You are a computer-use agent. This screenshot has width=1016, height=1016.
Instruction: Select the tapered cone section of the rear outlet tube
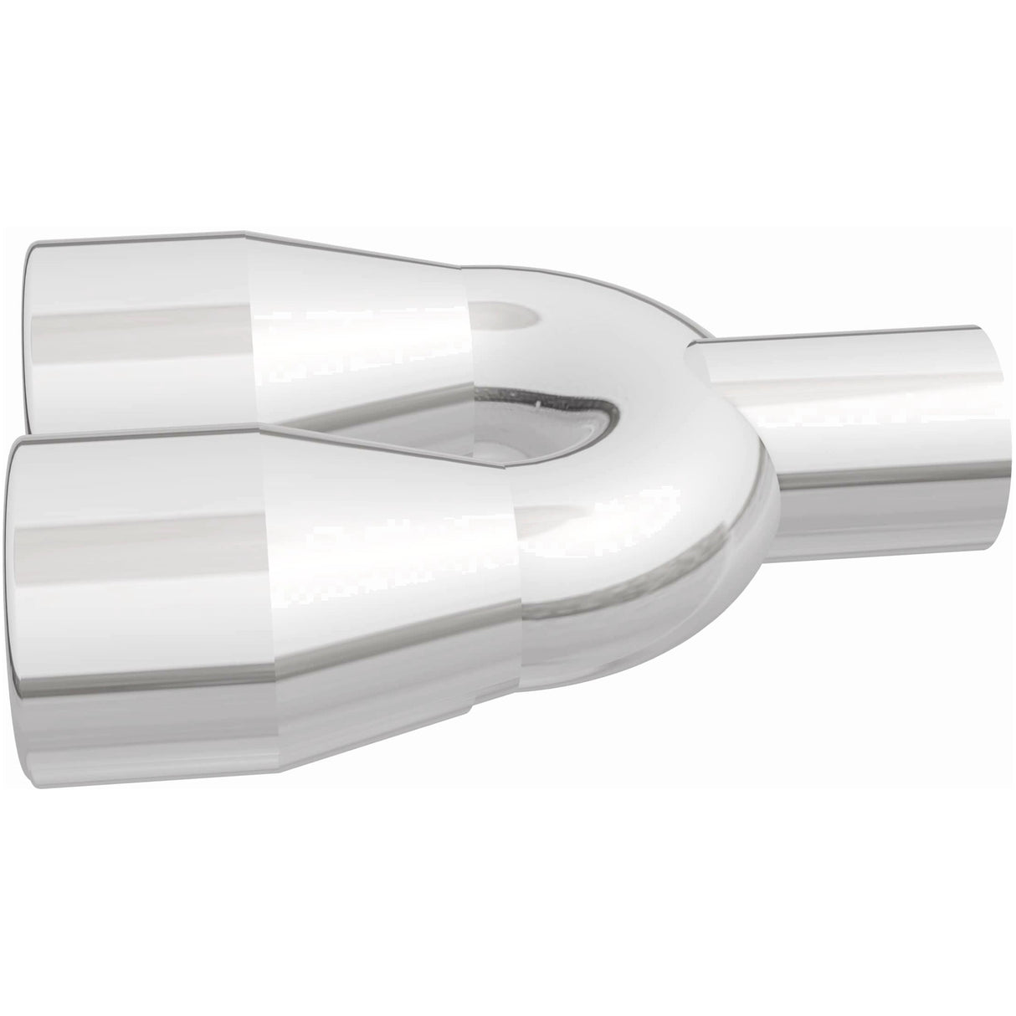[360, 335]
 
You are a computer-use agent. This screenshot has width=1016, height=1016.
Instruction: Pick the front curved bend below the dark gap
[636, 536]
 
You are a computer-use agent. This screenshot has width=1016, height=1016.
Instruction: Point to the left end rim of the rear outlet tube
[30, 335]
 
